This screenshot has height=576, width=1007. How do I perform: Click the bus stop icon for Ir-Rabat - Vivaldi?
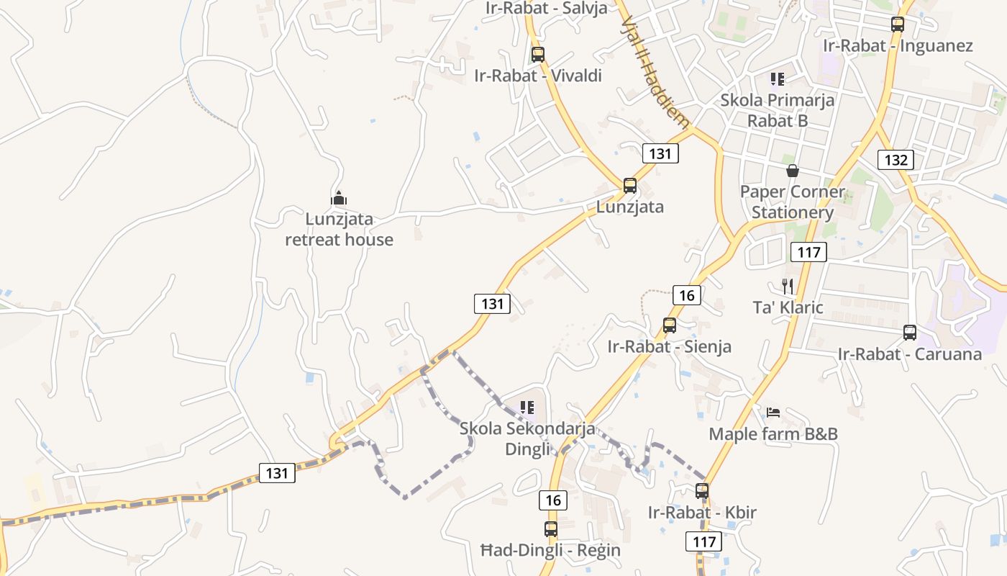tap(537, 54)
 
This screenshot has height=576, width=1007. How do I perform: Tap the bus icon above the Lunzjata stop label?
tap(630, 186)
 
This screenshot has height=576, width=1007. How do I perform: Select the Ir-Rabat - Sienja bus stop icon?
tap(670, 325)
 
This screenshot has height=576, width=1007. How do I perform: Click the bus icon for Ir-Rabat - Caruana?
tap(910, 333)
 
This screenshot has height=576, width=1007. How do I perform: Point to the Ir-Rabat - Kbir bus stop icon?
tap(702, 492)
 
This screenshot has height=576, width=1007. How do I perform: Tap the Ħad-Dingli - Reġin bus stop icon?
tap(551, 529)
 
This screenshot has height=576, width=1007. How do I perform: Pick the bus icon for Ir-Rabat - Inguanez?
tap(898, 24)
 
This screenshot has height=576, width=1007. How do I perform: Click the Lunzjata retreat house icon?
tap(339, 198)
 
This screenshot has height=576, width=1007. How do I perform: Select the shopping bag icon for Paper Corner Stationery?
tap(793, 171)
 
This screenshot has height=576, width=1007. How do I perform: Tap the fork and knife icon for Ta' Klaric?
tap(788, 287)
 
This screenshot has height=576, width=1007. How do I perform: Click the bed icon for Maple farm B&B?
tap(773, 413)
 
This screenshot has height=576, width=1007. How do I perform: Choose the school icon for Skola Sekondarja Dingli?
tap(527, 408)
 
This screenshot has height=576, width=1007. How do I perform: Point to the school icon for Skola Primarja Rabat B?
tap(777, 78)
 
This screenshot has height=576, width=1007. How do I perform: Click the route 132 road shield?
tap(896, 160)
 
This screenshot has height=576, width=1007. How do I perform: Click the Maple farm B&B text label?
tap(773, 434)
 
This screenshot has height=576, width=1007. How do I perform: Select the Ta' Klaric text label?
tap(788, 307)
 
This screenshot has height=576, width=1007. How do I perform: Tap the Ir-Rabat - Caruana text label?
tap(910, 354)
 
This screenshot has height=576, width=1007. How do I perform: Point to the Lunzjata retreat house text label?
tap(339, 229)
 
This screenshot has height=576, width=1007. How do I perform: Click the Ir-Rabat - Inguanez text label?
tap(898, 46)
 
